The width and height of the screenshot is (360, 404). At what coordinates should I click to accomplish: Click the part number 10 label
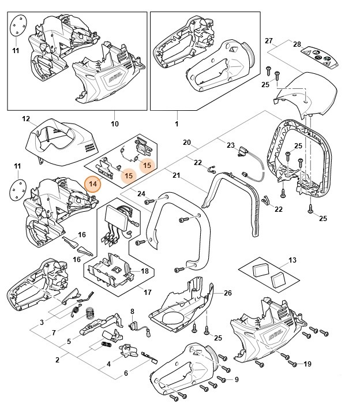click(114, 124)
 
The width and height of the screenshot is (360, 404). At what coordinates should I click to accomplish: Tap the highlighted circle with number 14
click(92, 184)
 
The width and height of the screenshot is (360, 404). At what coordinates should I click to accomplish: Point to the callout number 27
click(268, 40)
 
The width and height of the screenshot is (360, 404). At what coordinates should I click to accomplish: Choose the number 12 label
click(26, 119)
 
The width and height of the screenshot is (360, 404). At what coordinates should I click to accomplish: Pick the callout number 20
click(186, 142)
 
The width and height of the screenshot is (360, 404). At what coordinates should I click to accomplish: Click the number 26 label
click(227, 293)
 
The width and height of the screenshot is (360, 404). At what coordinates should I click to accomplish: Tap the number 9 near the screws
click(236, 379)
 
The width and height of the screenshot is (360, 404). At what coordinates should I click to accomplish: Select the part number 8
click(132, 311)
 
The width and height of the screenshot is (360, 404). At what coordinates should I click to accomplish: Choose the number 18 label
click(144, 270)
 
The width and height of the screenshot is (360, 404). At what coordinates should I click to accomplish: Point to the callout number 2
click(57, 360)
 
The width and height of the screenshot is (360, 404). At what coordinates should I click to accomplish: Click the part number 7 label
click(54, 333)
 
